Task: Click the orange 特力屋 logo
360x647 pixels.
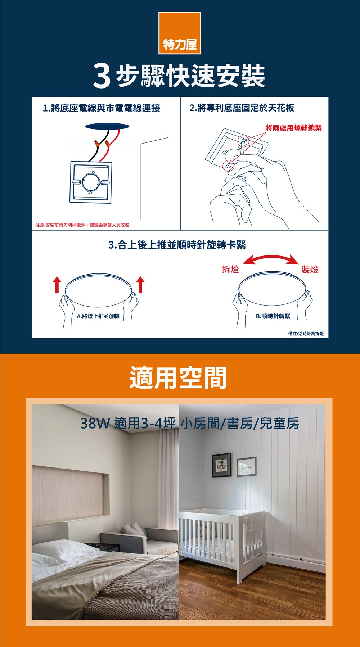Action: [179, 33]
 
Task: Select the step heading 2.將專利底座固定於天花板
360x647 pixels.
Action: [242, 108]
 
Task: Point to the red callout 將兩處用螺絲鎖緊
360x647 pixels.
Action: [293, 128]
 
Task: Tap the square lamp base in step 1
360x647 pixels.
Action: [91, 182]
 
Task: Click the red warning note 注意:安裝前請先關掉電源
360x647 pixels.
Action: [82, 225]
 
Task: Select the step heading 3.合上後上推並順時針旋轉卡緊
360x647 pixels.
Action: [177, 245]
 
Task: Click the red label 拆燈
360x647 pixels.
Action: [230, 269]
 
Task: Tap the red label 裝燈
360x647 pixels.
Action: [310, 269]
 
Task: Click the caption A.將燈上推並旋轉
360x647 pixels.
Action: [98, 316]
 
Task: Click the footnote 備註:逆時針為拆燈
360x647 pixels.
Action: [306, 334]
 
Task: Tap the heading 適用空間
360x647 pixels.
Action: [178, 378]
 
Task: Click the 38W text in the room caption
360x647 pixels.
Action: [94, 424]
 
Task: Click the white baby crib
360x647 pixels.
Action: [222, 540]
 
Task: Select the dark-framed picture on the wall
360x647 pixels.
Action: [221, 465]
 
